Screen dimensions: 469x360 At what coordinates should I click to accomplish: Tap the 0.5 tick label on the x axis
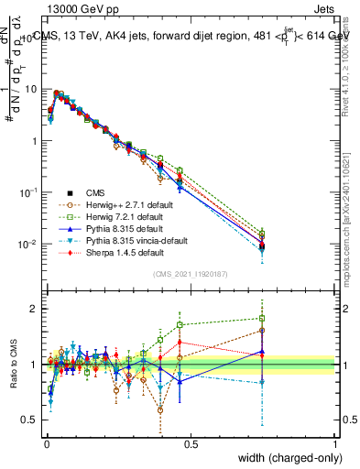point(191,443)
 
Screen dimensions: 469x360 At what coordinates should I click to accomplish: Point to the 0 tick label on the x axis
point(47,443)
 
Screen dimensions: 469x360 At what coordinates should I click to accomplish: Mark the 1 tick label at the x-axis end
point(335,443)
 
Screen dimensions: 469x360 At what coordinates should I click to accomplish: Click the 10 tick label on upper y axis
point(33,90)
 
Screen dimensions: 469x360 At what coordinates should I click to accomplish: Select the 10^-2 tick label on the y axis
point(31,245)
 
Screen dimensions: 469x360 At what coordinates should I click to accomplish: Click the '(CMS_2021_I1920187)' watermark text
point(191,274)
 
